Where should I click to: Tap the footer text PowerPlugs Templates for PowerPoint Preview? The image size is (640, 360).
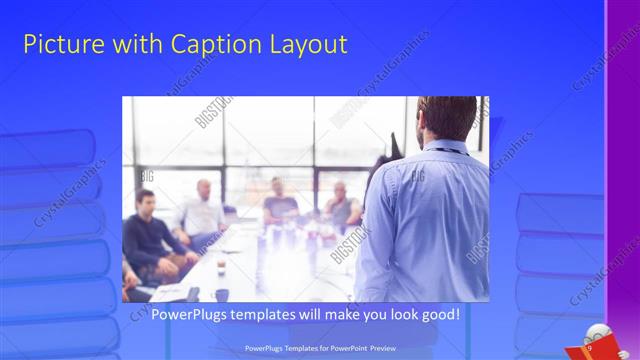[x=319, y=348]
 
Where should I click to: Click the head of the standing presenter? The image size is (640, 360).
[x=447, y=116]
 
